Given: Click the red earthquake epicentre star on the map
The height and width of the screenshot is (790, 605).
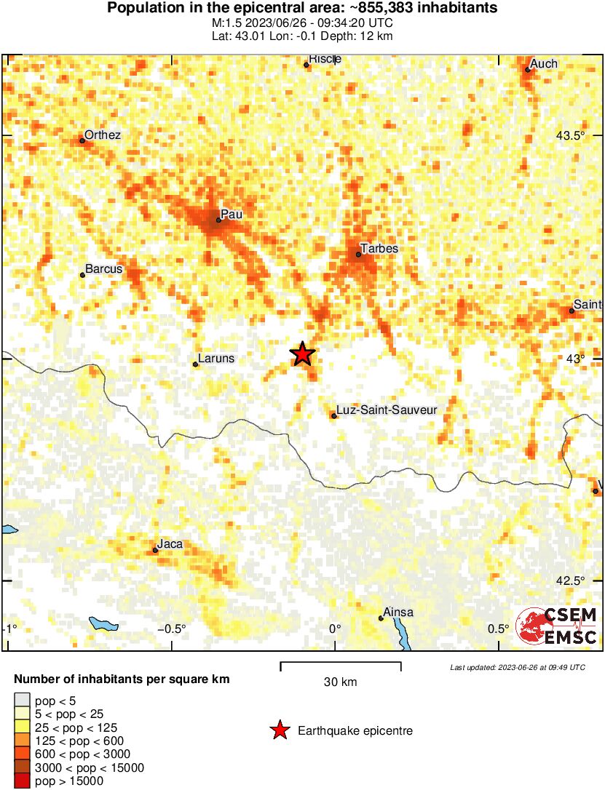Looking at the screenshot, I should coord(303,354).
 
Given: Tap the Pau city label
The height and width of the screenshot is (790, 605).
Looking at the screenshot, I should coord(232,215).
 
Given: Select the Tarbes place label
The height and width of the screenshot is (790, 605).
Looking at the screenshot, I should coord(379,249).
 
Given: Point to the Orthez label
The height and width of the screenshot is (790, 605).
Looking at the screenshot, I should coord(103,135).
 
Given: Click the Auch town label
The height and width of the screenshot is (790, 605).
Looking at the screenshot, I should coord(544,64).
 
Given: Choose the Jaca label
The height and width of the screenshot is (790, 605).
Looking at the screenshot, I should coord(170,544).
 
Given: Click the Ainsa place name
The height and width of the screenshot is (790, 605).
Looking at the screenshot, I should coord(398,613).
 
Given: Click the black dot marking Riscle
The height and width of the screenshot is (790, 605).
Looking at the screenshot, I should coord(307,65).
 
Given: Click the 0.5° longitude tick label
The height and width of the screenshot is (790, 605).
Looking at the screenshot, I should coord(499,629).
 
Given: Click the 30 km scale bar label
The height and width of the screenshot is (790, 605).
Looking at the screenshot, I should coord(340,682).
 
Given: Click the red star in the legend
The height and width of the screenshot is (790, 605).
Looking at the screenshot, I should coord(280,731).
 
